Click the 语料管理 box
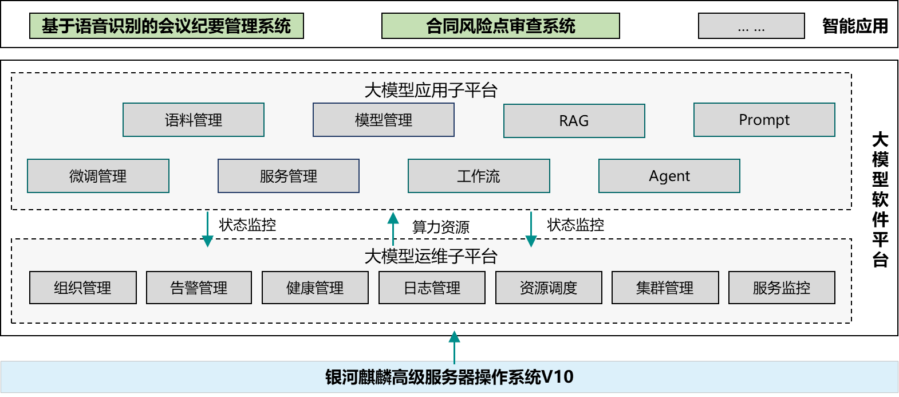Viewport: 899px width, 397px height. coord(194,120)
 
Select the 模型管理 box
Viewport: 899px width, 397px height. coord(384,120)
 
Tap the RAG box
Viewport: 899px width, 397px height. coord(574,121)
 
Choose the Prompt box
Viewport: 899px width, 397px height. coord(764,120)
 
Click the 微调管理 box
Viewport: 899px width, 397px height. coord(98,176)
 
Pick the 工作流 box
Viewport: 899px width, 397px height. coord(479,176)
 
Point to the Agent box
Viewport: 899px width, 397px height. coord(669,176)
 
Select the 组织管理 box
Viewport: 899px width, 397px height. coord(83,288)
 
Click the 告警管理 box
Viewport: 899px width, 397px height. coord(199,288)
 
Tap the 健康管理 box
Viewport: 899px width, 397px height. coord(315,288)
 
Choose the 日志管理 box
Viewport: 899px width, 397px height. coord(432,288)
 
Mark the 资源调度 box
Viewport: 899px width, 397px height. coord(549,288)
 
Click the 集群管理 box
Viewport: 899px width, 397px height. coord(665,288)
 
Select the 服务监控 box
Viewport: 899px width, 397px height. coord(782,288)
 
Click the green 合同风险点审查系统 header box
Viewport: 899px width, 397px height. coord(500,26)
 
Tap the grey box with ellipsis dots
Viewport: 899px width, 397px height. coord(751,26)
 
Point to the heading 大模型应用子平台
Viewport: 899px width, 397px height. coord(431,90)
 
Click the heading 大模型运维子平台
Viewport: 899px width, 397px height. coord(431,256)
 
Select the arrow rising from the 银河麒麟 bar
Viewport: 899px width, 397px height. coord(454,346)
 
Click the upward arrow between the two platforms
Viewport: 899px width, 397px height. coord(393,228)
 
